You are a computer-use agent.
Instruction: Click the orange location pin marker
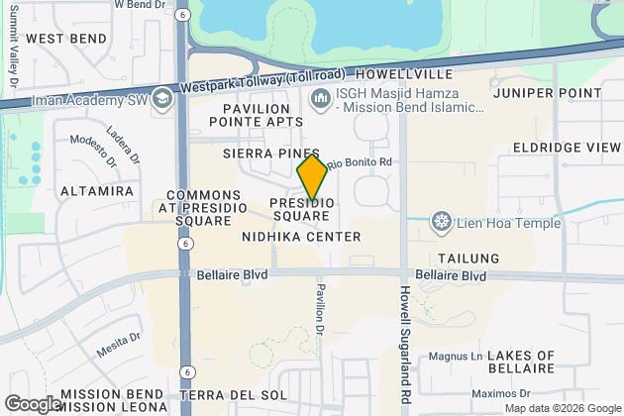point(312,177)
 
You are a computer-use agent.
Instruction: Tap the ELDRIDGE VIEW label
point(568,147)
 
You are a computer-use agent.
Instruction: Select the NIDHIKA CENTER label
point(301,237)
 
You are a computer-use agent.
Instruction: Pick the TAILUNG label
point(468,258)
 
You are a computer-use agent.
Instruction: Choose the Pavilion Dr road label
point(321,308)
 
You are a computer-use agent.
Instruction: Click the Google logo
point(33,404)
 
